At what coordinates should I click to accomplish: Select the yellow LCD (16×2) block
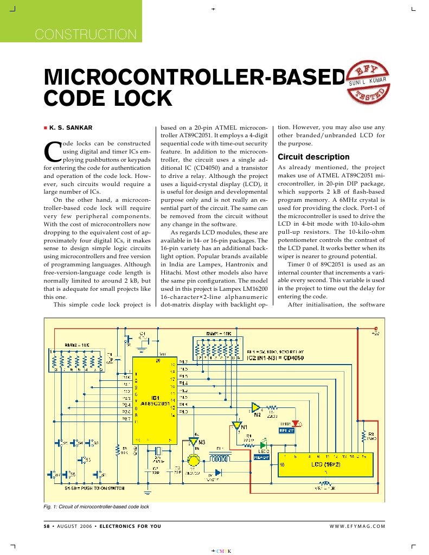pyautogui.click(x=325, y=464)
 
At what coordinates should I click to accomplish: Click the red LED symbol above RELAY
pyautogui.click(x=296, y=423)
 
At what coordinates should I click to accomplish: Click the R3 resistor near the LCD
pyautogui.click(x=364, y=437)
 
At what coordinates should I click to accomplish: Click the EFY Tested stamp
pyautogui.click(x=369, y=81)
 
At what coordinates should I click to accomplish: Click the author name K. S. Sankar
pyautogui.click(x=71, y=127)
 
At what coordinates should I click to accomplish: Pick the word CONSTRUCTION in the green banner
pyautogui.click(x=86, y=34)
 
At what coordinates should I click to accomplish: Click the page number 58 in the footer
pyautogui.click(x=47, y=526)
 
